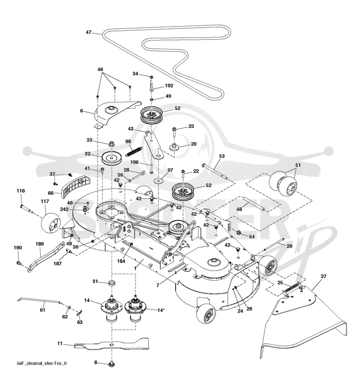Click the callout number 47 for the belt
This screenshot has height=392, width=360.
click(89, 32)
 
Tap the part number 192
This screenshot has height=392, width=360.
click(169, 86)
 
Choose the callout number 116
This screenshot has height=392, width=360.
click(21, 191)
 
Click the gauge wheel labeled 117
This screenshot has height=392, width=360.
click(51, 223)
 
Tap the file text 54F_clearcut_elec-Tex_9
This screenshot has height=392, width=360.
click(42, 363)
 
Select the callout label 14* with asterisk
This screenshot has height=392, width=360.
click(161, 310)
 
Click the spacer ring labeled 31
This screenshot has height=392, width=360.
click(112, 283)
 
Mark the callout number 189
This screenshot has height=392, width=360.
click(40, 244)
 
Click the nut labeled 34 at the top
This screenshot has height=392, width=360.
click(152, 76)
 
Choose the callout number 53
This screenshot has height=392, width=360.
click(222, 156)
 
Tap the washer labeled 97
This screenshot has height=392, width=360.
click(159, 180)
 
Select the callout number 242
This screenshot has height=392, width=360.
click(64, 209)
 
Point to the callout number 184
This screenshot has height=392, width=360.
click(121, 261)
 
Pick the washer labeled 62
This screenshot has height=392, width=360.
click(69, 307)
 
